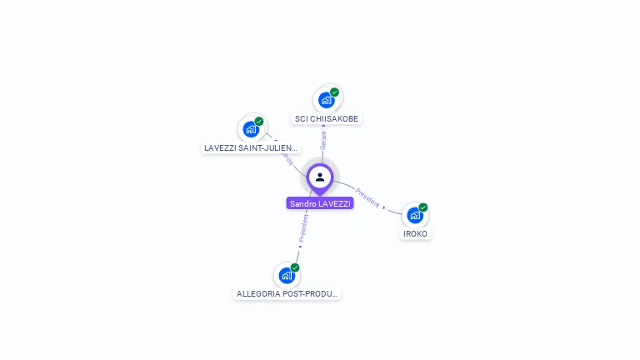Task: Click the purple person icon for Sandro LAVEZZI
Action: pyautogui.click(x=320, y=177)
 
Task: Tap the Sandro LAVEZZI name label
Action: pyautogui.click(x=320, y=203)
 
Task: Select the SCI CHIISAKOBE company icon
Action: pyautogui.click(x=327, y=100)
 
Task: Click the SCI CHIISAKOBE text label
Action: pyautogui.click(x=327, y=119)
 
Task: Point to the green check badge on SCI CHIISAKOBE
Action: pyautogui.click(x=334, y=92)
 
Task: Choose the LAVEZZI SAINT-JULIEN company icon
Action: pyautogui.click(x=251, y=129)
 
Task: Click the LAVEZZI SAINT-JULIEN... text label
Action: pyautogui.click(x=251, y=147)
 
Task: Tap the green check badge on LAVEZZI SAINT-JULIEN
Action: pyautogui.click(x=259, y=122)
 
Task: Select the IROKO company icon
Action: pyautogui.click(x=415, y=215)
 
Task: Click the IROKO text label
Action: pyautogui.click(x=415, y=233)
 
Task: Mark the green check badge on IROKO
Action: pyautogui.click(x=423, y=207)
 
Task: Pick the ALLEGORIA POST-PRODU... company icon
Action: pyautogui.click(x=287, y=275)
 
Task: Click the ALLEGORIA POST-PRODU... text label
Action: pyautogui.click(x=287, y=293)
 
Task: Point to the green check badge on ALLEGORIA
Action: pyautogui.click(x=295, y=267)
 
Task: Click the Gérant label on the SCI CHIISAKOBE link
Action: pyautogui.click(x=323, y=140)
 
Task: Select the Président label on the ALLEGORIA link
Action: pyautogui.click(x=303, y=227)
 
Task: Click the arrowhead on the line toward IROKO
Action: pyautogui.click(x=384, y=207)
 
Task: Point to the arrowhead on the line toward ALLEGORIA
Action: pyautogui.click(x=299, y=246)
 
